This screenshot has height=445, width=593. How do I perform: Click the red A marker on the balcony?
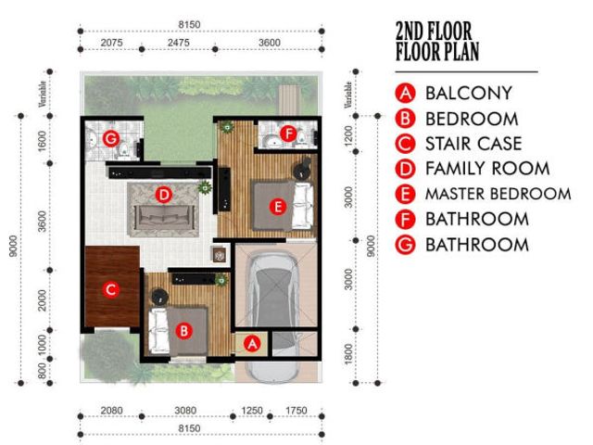(252, 344)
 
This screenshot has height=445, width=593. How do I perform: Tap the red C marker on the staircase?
(111, 290)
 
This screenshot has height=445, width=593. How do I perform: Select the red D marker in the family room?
(164, 196)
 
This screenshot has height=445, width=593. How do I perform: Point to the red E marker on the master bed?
(278, 207)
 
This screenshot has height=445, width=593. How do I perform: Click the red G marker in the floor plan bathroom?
(111, 139)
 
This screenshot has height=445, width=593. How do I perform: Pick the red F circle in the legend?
(406, 220)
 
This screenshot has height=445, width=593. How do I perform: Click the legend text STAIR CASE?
(473, 144)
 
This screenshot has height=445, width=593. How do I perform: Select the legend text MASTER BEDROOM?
(498, 194)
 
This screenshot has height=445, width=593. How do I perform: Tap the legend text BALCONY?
(469, 93)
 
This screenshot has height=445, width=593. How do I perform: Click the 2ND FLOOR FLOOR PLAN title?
(437, 41)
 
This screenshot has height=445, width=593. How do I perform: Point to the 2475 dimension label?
(179, 43)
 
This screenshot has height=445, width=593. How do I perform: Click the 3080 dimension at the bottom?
(185, 411)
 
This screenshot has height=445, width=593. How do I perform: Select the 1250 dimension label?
(252, 411)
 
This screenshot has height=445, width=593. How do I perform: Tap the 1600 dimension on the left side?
(43, 141)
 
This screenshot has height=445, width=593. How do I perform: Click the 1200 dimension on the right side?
(348, 134)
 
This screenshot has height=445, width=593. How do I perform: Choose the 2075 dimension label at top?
(111, 43)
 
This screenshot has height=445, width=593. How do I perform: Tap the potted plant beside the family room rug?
(205, 187)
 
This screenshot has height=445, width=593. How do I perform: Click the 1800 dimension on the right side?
(348, 354)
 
